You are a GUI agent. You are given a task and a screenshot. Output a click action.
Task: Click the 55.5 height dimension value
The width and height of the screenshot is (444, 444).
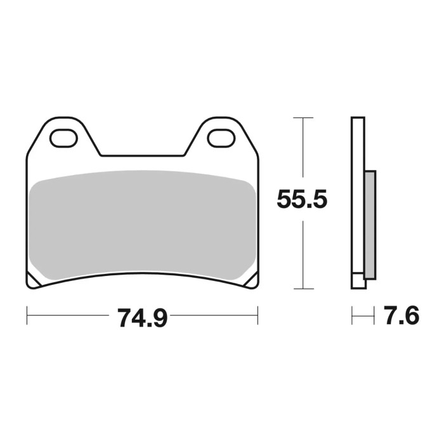301,200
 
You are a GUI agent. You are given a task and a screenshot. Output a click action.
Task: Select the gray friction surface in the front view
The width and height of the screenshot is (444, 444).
143,225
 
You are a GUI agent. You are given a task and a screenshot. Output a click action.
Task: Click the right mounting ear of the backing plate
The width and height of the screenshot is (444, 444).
220,134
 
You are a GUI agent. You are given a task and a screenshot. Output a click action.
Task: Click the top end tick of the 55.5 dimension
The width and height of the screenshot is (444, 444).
304,118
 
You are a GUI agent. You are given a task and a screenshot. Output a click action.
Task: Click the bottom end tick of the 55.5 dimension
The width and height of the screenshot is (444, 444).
304,287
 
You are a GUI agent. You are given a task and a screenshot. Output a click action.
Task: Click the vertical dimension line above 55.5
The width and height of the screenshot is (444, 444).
304,152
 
